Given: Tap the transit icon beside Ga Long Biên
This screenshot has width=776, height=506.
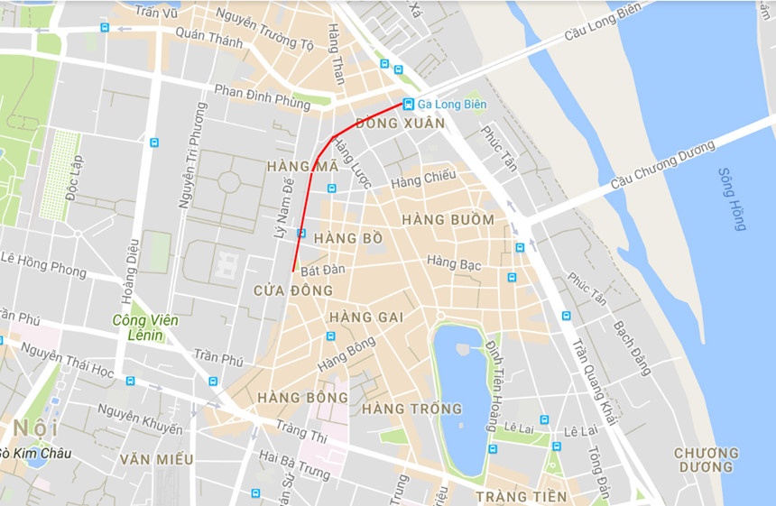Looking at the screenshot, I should point(409,104).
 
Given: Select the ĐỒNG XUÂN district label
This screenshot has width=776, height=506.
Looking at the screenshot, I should point(401,124).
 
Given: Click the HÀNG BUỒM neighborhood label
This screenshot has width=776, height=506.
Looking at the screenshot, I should point(448,220).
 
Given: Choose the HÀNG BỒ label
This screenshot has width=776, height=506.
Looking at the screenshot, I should point(349,239).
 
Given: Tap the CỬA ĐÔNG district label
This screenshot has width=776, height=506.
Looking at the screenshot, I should point(293,290).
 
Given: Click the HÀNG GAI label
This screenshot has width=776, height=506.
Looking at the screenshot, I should point(365,317).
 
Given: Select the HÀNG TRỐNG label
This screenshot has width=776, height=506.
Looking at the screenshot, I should point(411,409).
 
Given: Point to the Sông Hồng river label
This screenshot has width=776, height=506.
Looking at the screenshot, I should point(732,199).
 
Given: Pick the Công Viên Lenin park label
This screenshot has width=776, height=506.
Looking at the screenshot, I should point(145,328).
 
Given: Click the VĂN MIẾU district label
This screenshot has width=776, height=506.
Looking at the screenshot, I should point(156,460).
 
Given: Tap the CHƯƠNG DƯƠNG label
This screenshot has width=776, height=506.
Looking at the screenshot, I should point(705,460).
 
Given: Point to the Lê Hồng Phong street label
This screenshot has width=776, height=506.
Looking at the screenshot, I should point(43,264).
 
